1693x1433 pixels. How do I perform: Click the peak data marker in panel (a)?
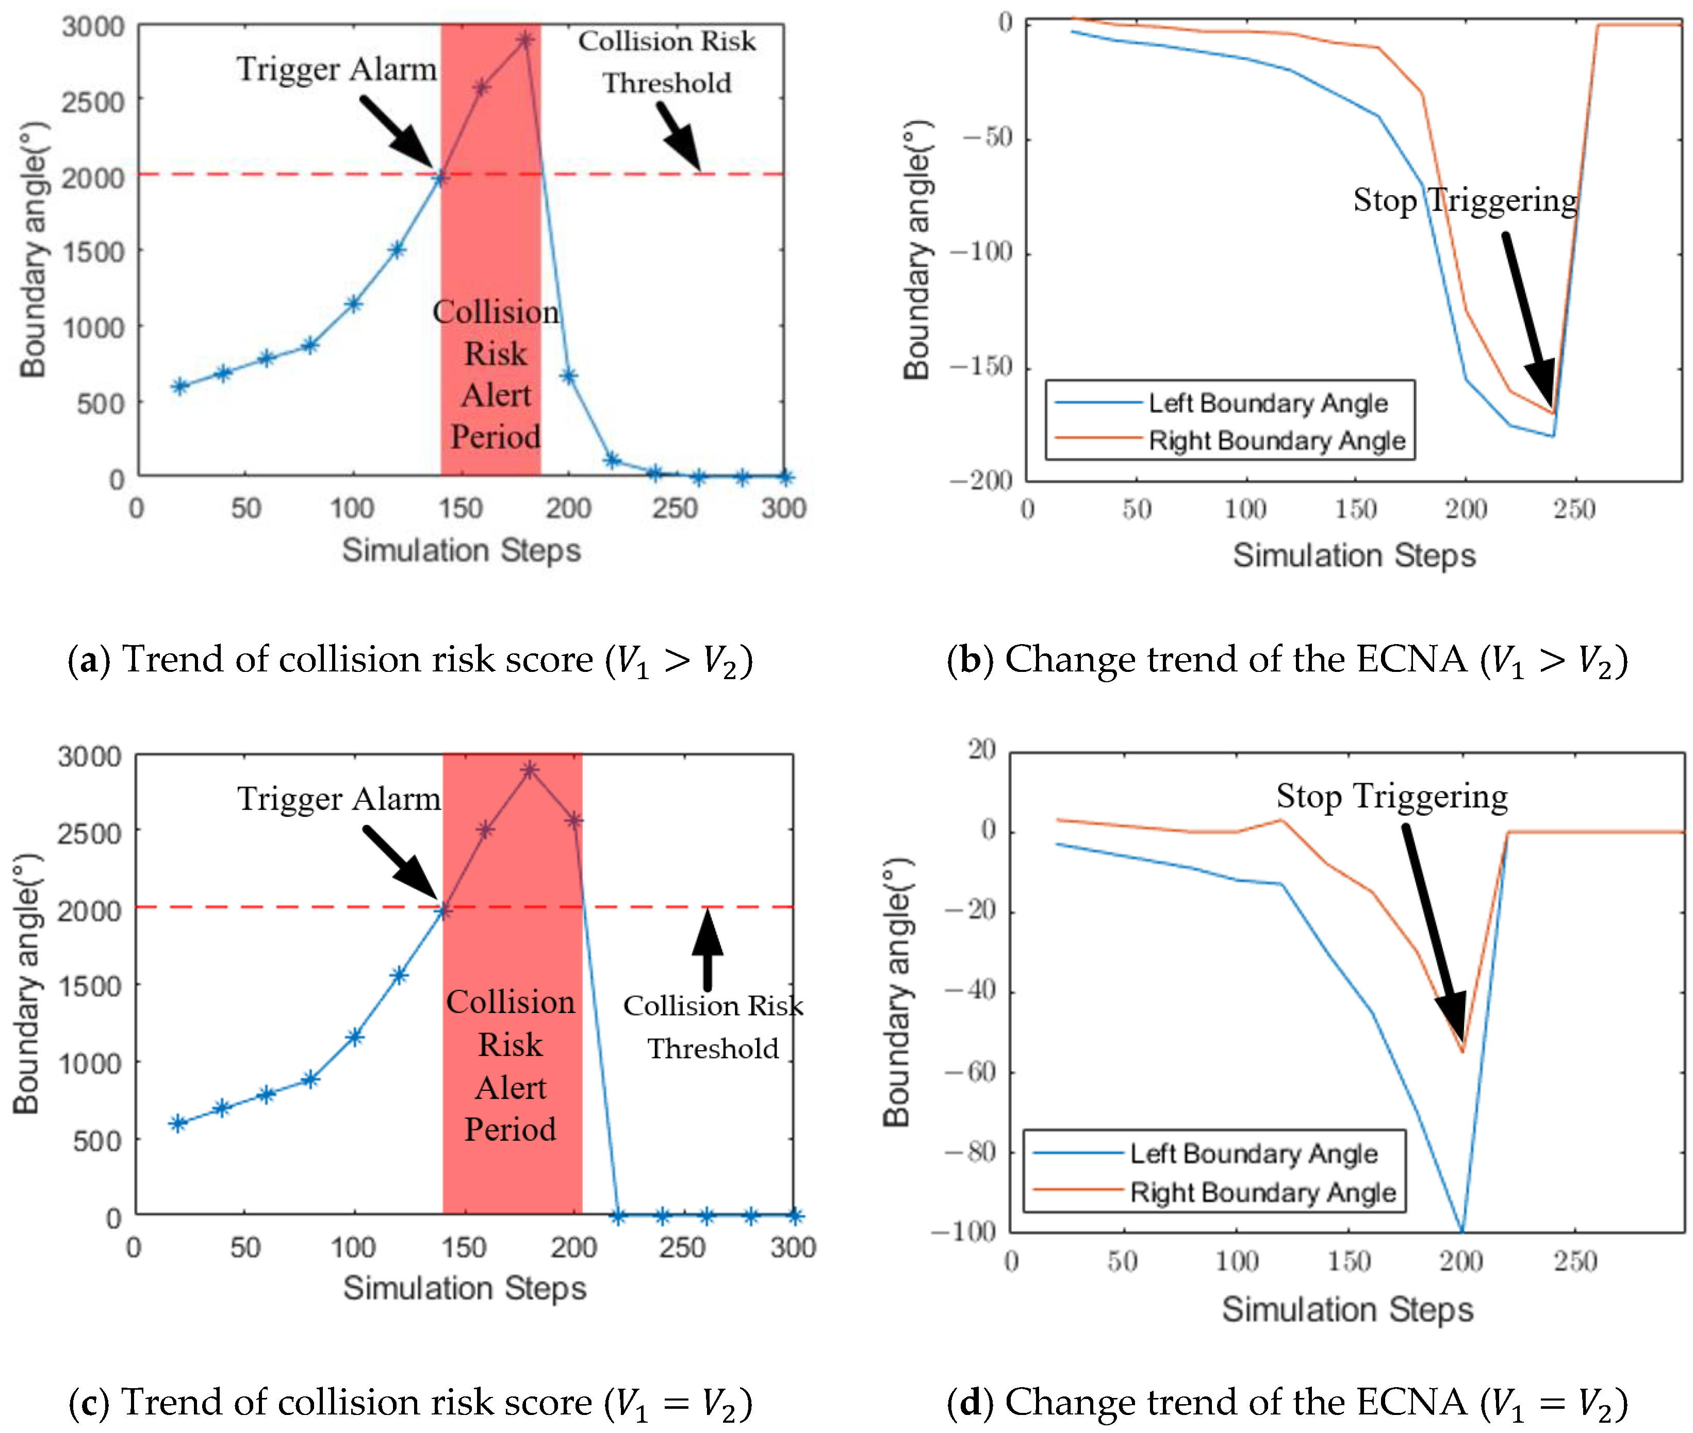525,39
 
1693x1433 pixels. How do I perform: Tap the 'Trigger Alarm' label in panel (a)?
337,69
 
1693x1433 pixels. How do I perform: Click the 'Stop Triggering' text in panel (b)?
1465,200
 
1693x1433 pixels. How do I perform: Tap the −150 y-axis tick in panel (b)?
980,367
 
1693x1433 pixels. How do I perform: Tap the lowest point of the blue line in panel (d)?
1462,1230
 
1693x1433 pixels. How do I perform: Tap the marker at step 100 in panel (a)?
353,304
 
